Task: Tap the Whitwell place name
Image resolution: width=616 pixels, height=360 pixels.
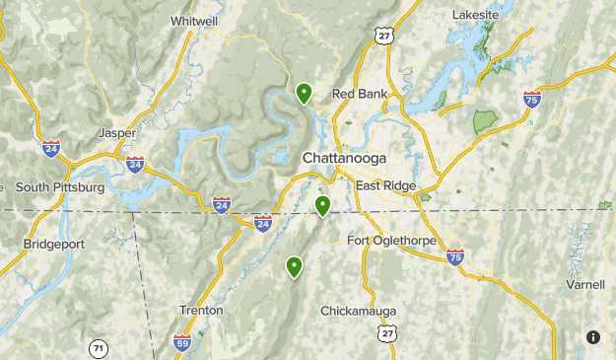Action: pyautogui.click(x=194, y=21)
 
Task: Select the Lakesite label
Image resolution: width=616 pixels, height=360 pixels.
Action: pyautogui.click(x=476, y=16)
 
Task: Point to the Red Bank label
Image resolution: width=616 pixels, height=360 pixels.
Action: pyautogui.click(x=359, y=94)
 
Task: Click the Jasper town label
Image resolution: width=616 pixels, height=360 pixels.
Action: pyautogui.click(x=117, y=132)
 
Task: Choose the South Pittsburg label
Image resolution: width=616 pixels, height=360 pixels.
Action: pyautogui.click(x=59, y=186)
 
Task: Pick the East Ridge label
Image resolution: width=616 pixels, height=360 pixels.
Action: pyautogui.click(x=386, y=185)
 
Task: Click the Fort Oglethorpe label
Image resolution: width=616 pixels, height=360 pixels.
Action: pyautogui.click(x=392, y=240)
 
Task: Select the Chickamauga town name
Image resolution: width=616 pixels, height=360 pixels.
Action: pyautogui.click(x=358, y=311)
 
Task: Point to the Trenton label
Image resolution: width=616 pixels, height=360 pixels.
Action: pyautogui.click(x=201, y=310)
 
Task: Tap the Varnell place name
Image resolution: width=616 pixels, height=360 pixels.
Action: pyautogui.click(x=585, y=285)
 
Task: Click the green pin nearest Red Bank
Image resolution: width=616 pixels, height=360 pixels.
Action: pyautogui.click(x=305, y=94)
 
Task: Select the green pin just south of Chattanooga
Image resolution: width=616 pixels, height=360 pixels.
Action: pyautogui.click(x=322, y=206)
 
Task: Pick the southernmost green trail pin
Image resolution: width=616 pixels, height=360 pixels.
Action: pyautogui.click(x=294, y=266)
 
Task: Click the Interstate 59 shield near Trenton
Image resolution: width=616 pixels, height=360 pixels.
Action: pyautogui.click(x=182, y=342)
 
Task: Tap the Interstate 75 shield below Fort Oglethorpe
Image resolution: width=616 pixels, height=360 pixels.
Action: pyautogui.click(x=454, y=256)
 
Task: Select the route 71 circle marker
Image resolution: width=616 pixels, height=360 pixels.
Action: pyautogui.click(x=97, y=348)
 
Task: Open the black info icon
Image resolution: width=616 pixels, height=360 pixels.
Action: pyautogui.click(x=593, y=337)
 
